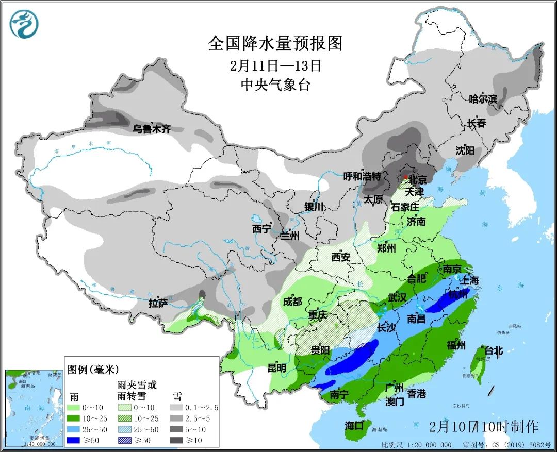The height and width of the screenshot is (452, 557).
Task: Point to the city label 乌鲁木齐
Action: coord(151,129)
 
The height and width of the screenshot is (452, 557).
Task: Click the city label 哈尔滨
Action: coord(483,99)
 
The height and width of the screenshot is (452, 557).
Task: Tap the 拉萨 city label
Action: coord(158,304)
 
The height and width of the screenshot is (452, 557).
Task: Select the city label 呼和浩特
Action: coord(362,177)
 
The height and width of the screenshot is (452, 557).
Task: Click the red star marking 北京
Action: coord(406,177)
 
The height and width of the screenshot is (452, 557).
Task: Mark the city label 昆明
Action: coord(276,368)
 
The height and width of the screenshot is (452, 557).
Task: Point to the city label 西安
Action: coord(341,257)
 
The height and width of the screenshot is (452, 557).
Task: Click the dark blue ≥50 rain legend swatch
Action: coord(78,440)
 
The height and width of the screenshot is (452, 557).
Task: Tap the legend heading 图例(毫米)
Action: coord(93,369)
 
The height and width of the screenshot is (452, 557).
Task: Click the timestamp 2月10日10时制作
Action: coord(483,427)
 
